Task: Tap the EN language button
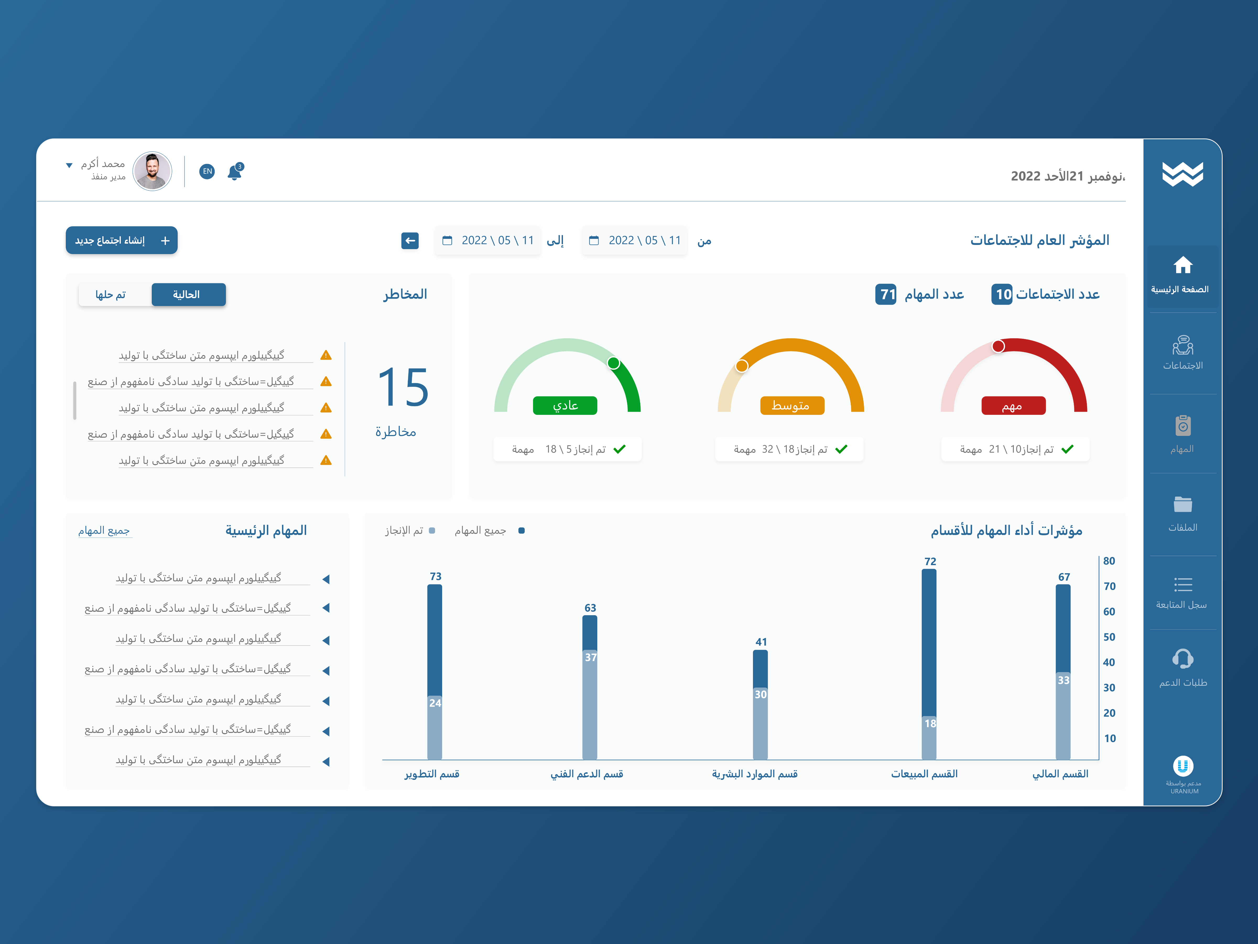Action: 207,171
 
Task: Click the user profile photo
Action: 153,171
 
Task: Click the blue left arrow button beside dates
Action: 409,241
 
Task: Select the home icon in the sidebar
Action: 1182,265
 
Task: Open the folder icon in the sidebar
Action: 1182,504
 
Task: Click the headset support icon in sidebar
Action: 1182,659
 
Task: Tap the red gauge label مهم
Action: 1013,406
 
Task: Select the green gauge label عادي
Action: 565,406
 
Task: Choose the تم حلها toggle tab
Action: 111,295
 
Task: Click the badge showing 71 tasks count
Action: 886,295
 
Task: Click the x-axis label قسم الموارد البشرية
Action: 755,774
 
